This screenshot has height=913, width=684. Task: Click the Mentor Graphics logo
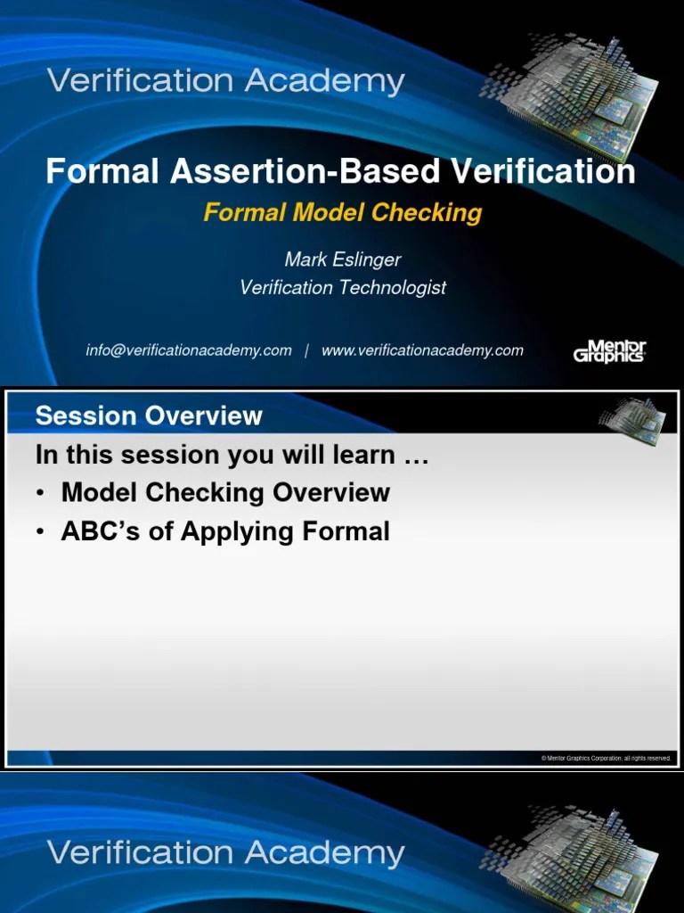[609, 350]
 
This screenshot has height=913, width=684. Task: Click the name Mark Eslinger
[343, 259]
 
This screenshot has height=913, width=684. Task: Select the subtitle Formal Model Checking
[343, 212]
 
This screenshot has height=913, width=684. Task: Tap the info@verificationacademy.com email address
[189, 350]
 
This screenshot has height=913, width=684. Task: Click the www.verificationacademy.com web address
[422, 350]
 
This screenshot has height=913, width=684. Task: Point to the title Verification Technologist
[343, 287]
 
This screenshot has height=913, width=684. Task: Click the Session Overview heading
[149, 415]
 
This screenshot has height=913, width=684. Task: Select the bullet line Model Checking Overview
[225, 492]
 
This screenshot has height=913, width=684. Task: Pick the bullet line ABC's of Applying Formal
[225, 531]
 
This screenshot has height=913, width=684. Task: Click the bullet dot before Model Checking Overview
[42, 493]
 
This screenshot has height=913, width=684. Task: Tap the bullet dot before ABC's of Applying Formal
[42, 532]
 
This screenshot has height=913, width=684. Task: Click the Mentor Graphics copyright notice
[606, 758]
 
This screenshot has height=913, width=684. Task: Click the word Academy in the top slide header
[325, 82]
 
